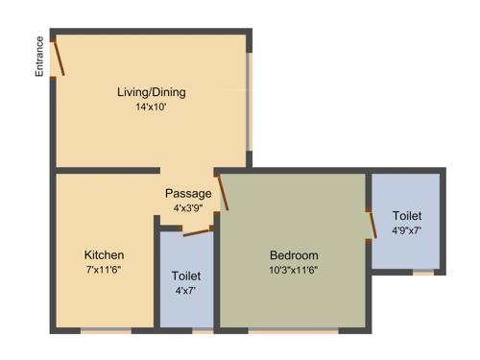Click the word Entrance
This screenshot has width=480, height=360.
[40, 57]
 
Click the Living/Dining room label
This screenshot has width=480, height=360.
[151, 92]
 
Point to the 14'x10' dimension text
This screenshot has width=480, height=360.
[151, 108]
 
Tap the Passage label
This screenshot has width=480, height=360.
[188, 193]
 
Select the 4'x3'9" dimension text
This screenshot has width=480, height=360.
[188, 207]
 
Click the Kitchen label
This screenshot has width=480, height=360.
[104, 254]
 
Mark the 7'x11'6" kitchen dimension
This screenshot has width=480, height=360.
[104, 270]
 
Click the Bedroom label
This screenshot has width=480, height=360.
[294, 254]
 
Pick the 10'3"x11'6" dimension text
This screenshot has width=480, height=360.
[294, 270]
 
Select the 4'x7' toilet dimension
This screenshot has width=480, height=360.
[186, 291]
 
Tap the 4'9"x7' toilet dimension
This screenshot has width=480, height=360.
[407, 230]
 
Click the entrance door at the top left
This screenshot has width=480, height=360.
[59, 57]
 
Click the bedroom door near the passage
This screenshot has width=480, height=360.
[223, 191]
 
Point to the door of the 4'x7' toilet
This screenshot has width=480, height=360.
[197, 230]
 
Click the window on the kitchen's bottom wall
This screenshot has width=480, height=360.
[105, 330]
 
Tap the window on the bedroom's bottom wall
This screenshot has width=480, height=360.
[293, 330]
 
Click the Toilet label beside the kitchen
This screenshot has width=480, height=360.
[186, 276]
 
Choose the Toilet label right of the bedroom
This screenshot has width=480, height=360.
[407, 216]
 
